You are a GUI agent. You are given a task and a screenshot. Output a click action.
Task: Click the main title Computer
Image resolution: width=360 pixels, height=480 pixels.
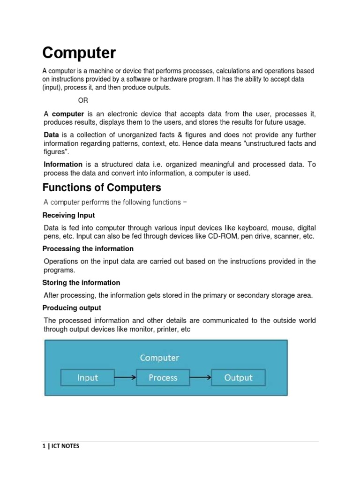click(x=79, y=53)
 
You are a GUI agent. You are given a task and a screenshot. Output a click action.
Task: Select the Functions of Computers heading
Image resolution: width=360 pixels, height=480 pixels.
click(x=102, y=188)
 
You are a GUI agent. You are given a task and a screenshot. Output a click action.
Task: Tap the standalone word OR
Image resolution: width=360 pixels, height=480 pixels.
click(x=83, y=100)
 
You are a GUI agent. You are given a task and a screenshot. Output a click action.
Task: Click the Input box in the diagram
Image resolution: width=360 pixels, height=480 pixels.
click(x=88, y=377)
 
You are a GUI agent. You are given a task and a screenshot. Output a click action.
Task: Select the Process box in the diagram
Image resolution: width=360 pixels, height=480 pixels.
click(x=163, y=377)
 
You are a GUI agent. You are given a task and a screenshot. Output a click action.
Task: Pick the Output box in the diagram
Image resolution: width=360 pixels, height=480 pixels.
click(x=238, y=377)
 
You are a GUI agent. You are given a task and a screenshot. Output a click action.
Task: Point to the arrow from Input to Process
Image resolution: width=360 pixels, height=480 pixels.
click(x=125, y=377)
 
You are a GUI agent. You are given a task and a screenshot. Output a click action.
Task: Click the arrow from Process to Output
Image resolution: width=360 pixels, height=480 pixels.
click(x=201, y=377)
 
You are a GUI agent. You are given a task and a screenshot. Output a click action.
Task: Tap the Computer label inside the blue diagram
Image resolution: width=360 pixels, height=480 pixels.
click(x=159, y=358)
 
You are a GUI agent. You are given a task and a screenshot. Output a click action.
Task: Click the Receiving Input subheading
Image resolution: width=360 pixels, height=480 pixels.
click(x=68, y=215)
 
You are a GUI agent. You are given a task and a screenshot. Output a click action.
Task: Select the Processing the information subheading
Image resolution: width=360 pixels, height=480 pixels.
click(x=88, y=249)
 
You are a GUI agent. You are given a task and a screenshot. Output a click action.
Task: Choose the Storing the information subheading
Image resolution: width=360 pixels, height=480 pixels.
click(x=81, y=283)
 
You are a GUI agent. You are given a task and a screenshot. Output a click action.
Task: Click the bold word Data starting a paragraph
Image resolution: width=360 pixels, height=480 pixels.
click(x=51, y=135)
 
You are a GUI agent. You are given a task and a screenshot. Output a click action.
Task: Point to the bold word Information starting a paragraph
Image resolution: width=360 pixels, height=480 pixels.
click(x=63, y=165)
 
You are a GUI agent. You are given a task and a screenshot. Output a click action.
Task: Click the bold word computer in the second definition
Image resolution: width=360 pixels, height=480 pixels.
click(x=68, y=114)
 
